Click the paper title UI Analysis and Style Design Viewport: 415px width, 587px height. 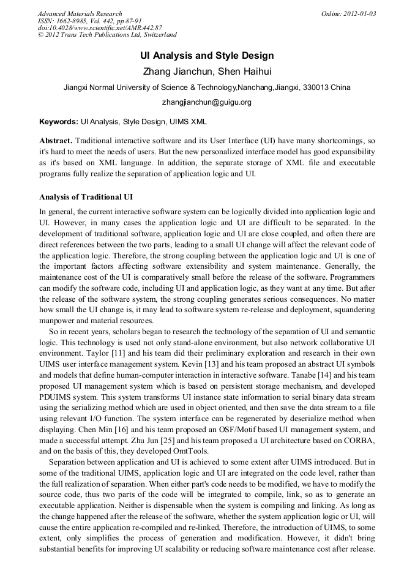[207, 56]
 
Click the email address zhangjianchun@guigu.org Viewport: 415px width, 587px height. [207, 102]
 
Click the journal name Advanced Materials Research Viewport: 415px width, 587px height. [80, 13]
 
